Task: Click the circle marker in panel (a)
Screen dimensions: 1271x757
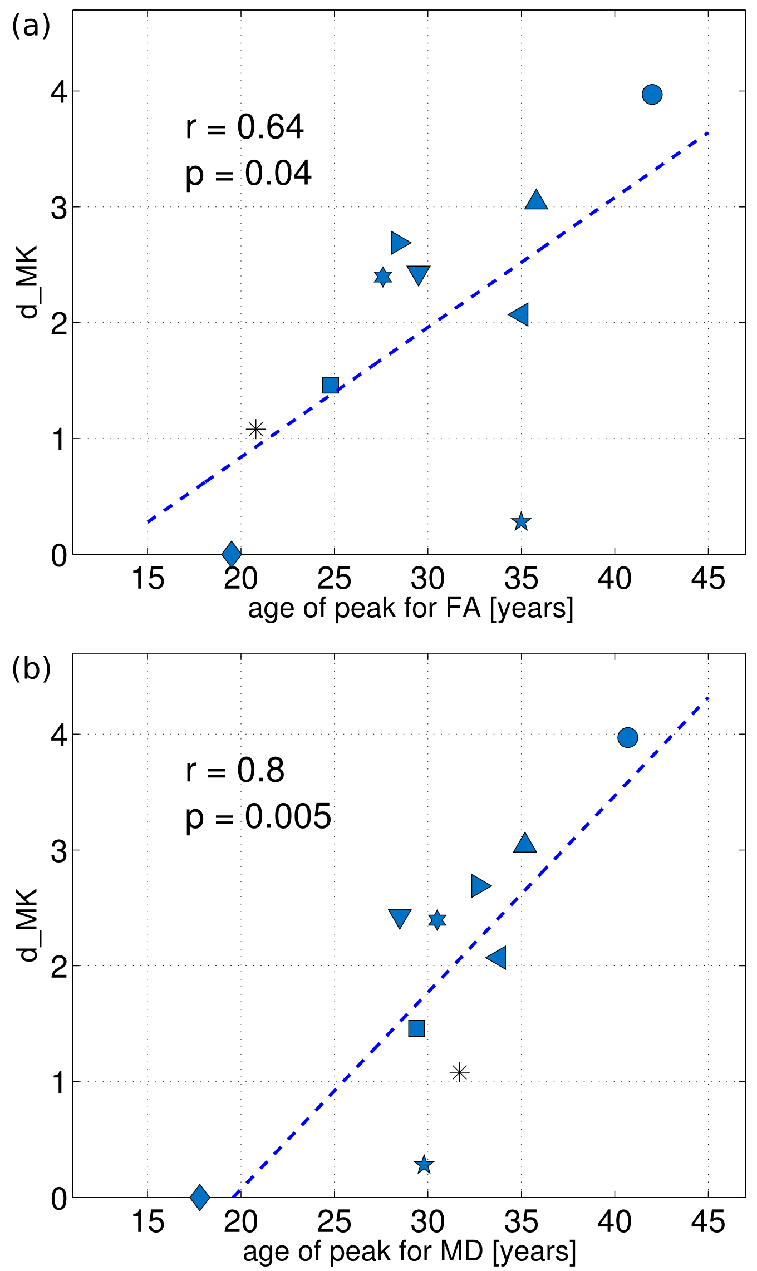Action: (x=652, y=95)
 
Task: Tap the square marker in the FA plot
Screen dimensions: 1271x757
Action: (x=331, y=385)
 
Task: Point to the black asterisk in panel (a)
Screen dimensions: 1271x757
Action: (x=255, y=429)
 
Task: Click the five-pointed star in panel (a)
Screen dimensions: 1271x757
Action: (x=520, y=522)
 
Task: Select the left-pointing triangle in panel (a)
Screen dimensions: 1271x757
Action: (x=519, y=315)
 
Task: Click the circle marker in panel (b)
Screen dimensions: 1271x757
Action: (x=627, y=737)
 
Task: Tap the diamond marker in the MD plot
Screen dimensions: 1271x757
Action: (x=200, y=1196)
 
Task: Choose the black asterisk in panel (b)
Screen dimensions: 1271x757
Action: (x=459, y=1072)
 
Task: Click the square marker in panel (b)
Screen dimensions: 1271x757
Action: (x=416, y=1028)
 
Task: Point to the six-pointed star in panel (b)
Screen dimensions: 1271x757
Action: (x=437, y=920)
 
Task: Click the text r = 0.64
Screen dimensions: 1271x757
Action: (x=244, y=127)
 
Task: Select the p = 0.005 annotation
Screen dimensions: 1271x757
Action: (x=258, y=817)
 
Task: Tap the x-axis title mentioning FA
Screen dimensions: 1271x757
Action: (x=410, y=608)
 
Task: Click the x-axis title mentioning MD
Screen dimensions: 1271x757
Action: (x=409, y=1251)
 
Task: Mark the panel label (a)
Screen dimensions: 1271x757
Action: (x=31, y=26)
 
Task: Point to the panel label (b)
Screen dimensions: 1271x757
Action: (x=31, y=669)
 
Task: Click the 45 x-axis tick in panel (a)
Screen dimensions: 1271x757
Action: (x=707, y=579)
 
